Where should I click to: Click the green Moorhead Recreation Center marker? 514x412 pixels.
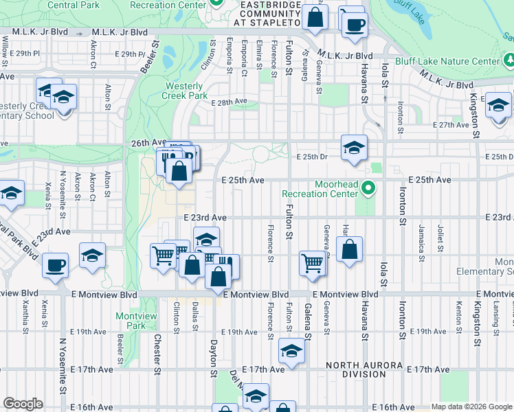(368, 187)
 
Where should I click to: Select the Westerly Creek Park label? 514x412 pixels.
(185, 91)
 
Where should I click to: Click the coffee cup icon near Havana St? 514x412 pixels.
(355, 25)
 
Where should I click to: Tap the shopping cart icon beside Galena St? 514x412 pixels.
(313, 262)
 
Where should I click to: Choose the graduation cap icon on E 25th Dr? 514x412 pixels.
(354, 147)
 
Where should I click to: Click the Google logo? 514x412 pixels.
(23, 404)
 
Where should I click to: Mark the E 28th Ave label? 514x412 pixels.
(230, 102)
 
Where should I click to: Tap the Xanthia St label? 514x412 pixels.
(25, 314)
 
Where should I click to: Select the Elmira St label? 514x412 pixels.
(259, 52)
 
